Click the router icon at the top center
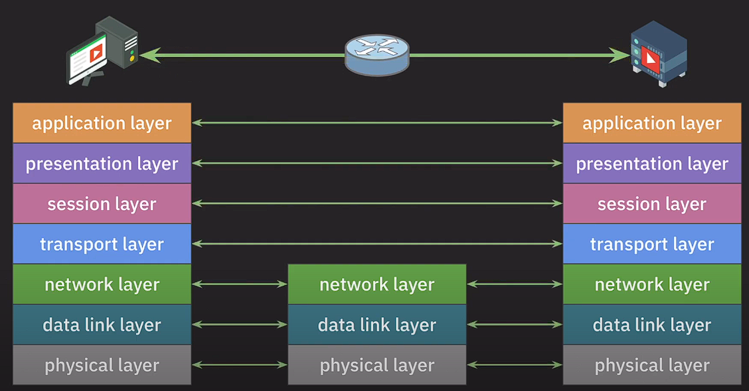click(376, 55)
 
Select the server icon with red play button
click(658, 53)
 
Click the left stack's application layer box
click(102, 123)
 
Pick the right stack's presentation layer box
click(651, 164)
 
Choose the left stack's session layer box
click(102, 204)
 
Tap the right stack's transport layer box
click(651, 244)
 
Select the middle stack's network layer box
click(376, 285)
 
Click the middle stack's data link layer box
click(376, 325)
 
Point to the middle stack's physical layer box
click(376, 365)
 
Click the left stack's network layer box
click(102, 285)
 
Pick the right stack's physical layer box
click(651, 365)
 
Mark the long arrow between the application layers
click(376, 123)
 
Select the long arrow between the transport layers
click(376, 244)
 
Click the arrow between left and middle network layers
click(239, 285)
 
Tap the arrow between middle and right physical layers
click(515, 365)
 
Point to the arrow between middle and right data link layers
click(515, 325)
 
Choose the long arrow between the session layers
click(376, 204)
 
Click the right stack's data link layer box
click(651, 325)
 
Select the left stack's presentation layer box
click(102, 164)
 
